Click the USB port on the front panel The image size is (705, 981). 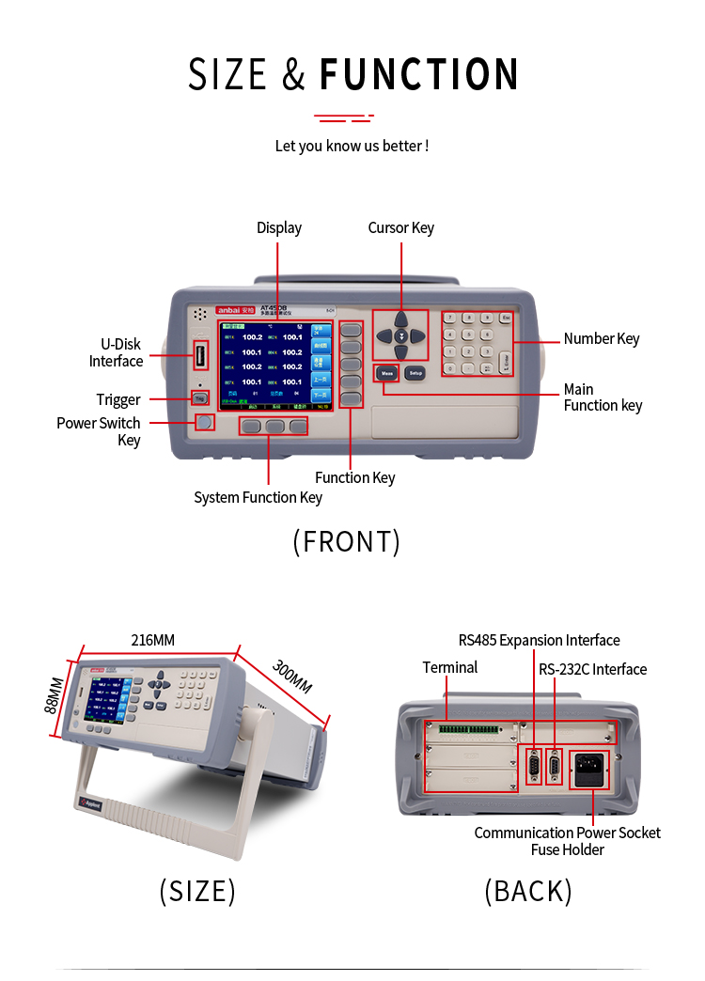coord(200,356)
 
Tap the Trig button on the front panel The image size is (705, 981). coord(199,397)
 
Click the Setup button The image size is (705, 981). coord(415,372)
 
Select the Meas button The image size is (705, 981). coord(386,372)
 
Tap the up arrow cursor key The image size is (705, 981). coord(400,319)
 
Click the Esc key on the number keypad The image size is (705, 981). coord(506,318)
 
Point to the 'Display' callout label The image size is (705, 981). coord(279,227)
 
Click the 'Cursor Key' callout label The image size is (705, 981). coord(400,227)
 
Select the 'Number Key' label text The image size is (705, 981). coord(601,338)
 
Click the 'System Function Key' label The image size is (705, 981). coord(258,497)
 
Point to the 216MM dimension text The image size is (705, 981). coord(152,640)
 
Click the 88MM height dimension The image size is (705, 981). coord(55,695)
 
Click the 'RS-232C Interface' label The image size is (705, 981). coord(592,669)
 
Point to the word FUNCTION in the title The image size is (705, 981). coord(419,75)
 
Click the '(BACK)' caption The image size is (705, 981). coord(527,890)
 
